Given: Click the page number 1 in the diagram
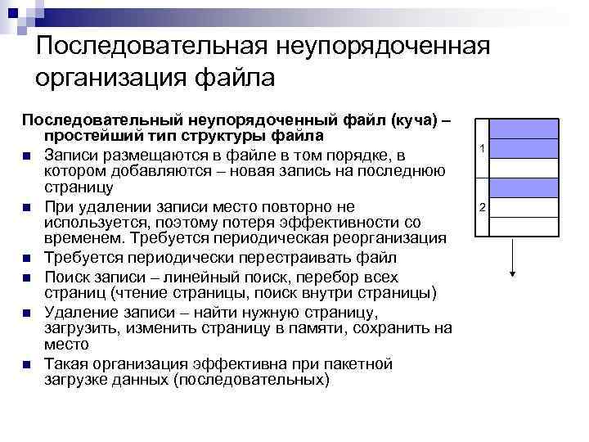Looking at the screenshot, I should [483, 149].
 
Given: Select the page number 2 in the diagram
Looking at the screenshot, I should [483, 207].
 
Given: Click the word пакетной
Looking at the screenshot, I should [353, 363].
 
